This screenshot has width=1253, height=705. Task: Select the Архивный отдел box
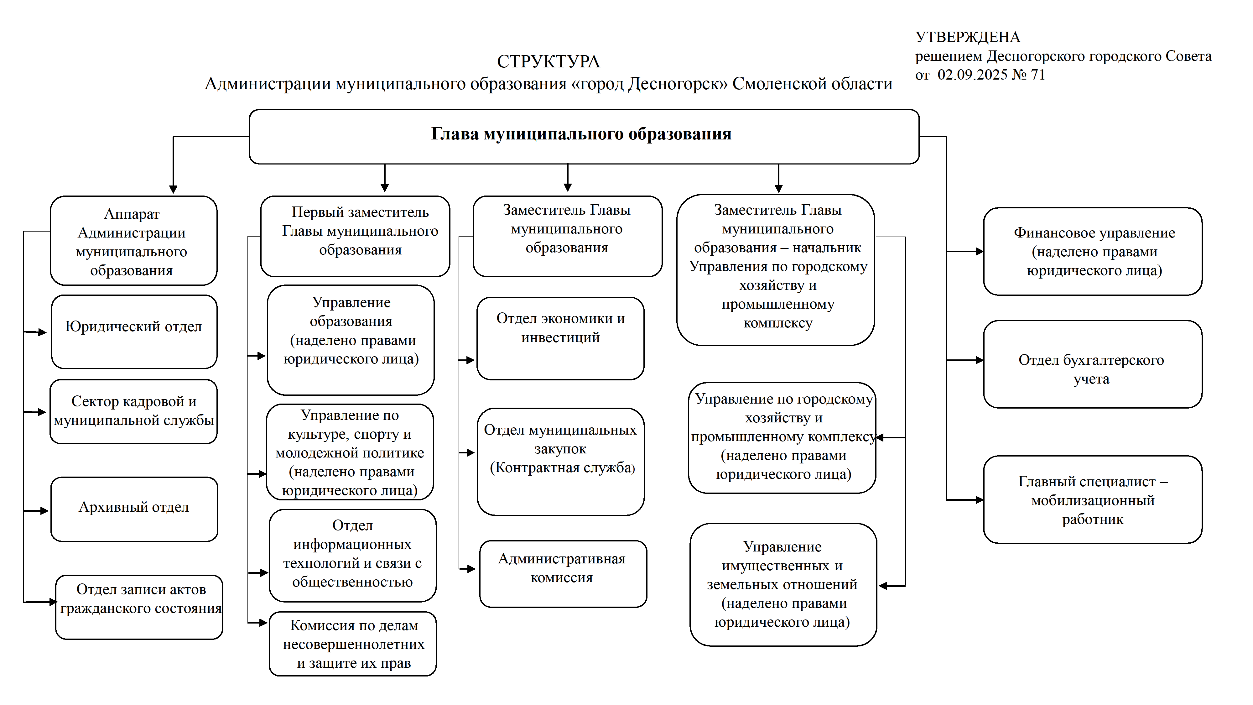point(134,509)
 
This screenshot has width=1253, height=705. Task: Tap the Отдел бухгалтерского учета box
point(1092,364)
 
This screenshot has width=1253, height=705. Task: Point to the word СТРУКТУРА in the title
point(548,62)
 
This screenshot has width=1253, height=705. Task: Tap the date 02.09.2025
point(972,75)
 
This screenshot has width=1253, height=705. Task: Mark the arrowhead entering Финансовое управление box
point(979,252)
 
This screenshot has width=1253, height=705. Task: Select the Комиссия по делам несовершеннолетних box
point(353,643)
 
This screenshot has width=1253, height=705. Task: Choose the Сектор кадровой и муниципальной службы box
point(134,411)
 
